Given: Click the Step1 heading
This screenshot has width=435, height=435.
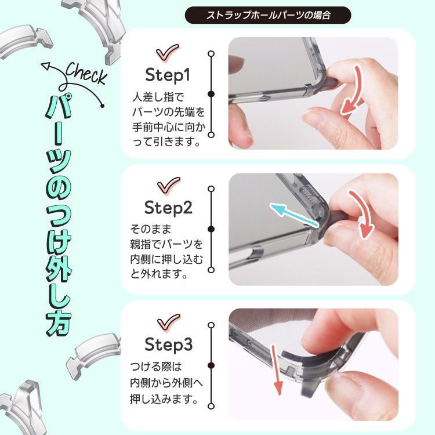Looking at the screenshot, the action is click(x=168, y=75).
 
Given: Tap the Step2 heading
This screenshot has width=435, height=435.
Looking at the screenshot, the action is click(x=168, y=208).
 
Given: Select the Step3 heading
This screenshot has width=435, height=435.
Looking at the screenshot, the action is click(x=168, y=345).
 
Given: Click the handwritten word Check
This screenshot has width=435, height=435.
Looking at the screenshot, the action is click(x=86, y=73).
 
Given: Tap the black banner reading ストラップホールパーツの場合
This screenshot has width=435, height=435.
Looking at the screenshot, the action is click(x=268, y=15).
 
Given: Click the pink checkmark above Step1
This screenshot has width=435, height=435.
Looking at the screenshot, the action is click(x=168, y=53).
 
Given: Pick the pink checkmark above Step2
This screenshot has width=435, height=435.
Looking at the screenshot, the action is click(x=168, y=186).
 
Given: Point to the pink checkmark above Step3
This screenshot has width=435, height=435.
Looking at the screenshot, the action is click(x=168, y=322).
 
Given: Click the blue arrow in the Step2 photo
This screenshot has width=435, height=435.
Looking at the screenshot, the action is click(x=294, y=216).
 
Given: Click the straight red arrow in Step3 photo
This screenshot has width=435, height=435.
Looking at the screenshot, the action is click(x=276, y=371).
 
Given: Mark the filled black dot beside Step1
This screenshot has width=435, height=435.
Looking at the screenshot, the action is click(x=211, y=94).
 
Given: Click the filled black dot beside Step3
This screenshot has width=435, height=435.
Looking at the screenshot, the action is click(x=211, y=365).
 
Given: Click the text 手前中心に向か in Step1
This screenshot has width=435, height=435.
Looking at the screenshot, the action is click(x=169, y=127).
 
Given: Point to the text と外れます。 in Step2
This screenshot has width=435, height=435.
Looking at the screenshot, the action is click(x=159, y=274).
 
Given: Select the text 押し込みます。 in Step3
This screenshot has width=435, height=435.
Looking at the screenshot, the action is click(x=164, y=399).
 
